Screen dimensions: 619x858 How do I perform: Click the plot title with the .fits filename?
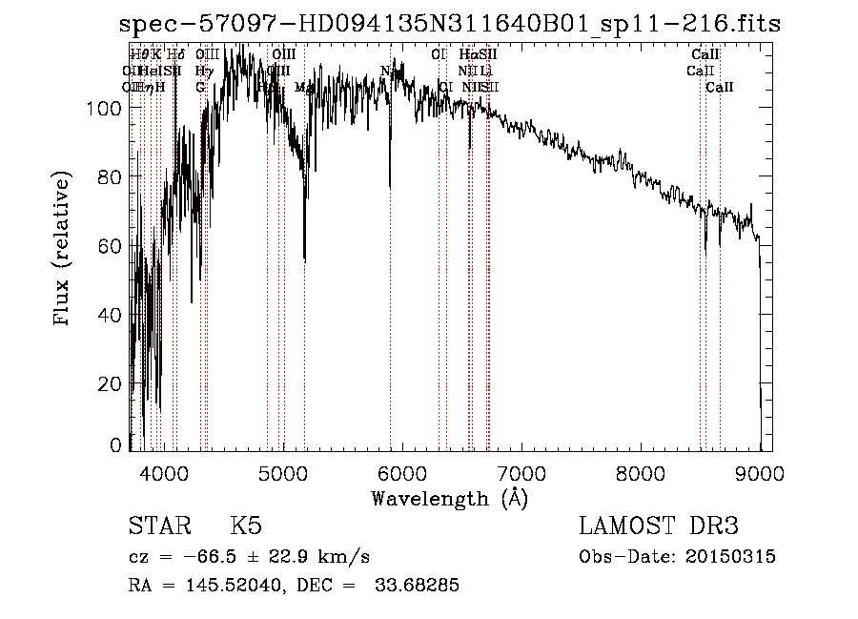click(450, 24)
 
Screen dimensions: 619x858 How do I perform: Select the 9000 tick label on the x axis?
click(759, 471)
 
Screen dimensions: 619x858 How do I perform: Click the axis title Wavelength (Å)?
click(449, 497)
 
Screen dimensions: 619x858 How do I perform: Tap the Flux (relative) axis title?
click(63, 249)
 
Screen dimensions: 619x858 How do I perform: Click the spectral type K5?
click(245, 526)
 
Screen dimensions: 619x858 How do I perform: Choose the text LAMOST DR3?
click(659, 526)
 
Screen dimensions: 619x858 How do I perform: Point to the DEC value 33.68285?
click(416, 586)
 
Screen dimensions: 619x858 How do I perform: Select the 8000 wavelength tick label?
click(640, 471)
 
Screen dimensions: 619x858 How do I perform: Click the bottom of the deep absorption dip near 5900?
click(389, 187)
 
